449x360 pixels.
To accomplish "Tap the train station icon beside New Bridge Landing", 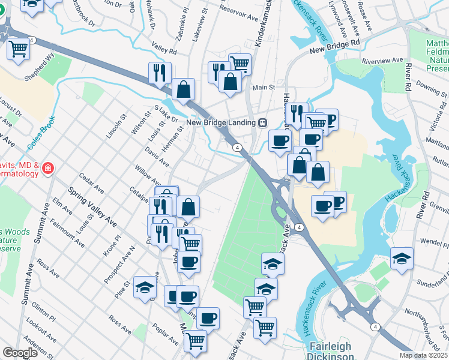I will tap(262, 122).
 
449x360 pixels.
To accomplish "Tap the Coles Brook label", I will tap(41, 133).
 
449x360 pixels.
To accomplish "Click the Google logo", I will tap(20, 352).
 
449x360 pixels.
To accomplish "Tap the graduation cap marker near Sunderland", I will tap(402, 259).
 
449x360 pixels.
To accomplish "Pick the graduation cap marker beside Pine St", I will tap(145, 287).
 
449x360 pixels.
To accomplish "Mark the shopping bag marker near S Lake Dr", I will tap(183, 90).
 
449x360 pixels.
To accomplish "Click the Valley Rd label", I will tap(162, 47).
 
